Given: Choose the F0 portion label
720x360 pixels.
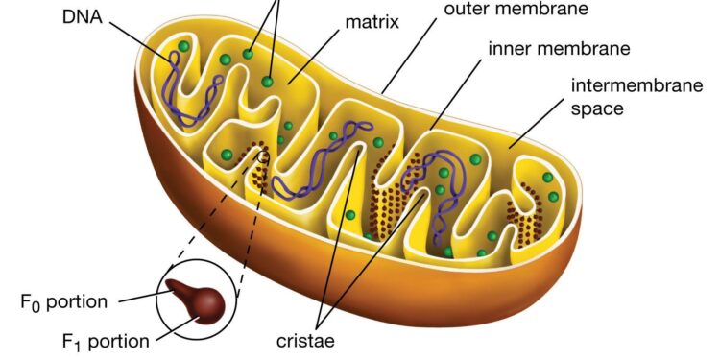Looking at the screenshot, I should [x=69, y=300].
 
